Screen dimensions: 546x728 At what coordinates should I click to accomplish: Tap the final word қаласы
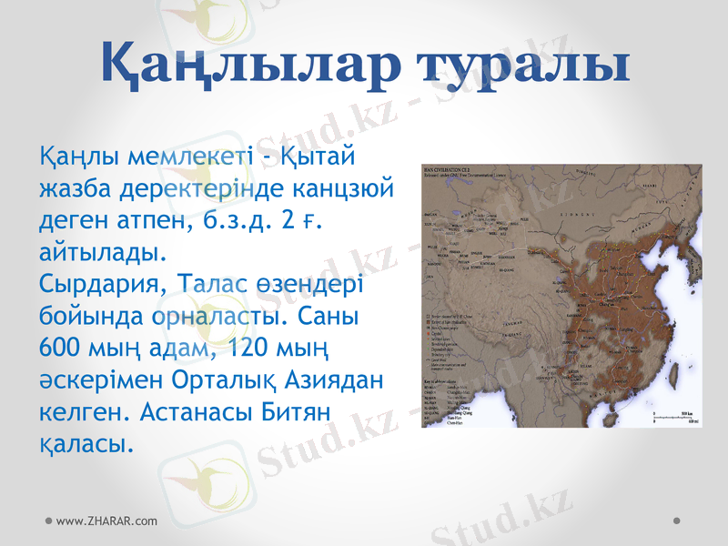(x=86, y=443)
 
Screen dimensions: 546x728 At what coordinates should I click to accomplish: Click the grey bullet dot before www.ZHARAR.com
(x=48, y=521)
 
